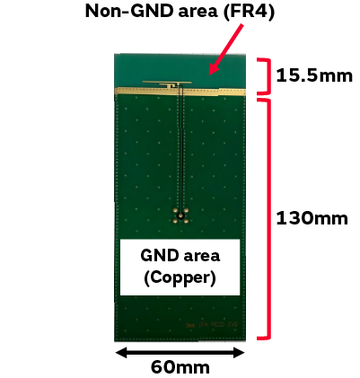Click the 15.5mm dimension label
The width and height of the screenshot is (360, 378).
[314, 75]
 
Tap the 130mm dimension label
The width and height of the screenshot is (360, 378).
[312, 218]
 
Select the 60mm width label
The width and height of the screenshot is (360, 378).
[180, 367]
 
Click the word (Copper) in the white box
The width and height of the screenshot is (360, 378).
[180, 278]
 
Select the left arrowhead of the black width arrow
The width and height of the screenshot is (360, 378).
[121, 353]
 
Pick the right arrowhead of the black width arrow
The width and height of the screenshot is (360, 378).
[240, 353]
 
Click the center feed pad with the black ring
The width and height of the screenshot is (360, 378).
[180, 215]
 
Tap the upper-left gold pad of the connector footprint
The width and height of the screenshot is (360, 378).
[175, 210]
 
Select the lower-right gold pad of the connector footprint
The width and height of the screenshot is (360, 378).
[186, 221]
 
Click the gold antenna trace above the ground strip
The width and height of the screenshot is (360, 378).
[167, 83]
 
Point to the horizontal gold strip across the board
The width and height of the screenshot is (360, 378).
[180, 92]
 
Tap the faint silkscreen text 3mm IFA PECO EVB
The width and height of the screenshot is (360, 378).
[212, 325]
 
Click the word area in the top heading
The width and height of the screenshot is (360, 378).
[198, 12]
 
